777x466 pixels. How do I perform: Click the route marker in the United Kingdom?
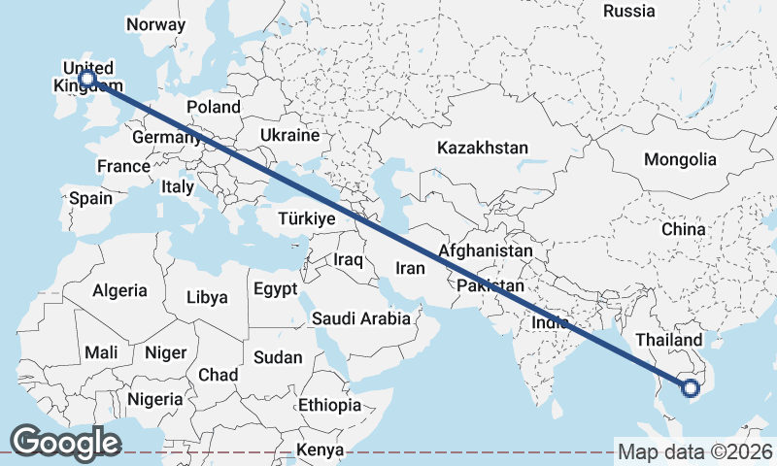[x=87, y=78]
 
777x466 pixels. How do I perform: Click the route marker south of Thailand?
[x=691, y=389]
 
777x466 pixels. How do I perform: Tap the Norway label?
[x=155, y=24]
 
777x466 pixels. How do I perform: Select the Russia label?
[x=629, y=12]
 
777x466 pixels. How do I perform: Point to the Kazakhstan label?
[x=482, y=149]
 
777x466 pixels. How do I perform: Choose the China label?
[x=683, y=230]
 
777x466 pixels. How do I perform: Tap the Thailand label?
[x=668, y=341]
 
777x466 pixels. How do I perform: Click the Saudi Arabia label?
[x=360, y=318]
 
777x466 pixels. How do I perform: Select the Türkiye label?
[x=306, y=219]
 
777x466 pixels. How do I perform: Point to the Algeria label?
[x=119, y=290]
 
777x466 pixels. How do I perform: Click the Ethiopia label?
[x=329, y=405]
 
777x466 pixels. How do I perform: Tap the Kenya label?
[x=321, y=450]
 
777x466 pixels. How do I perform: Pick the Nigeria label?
[x=154, y=399]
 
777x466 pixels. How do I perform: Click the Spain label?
[x=90, y=199]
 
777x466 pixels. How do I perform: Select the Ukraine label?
[x=289, y=135]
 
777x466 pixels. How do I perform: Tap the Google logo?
[x=65, y=443]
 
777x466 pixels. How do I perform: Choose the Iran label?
[x=411, y=268]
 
